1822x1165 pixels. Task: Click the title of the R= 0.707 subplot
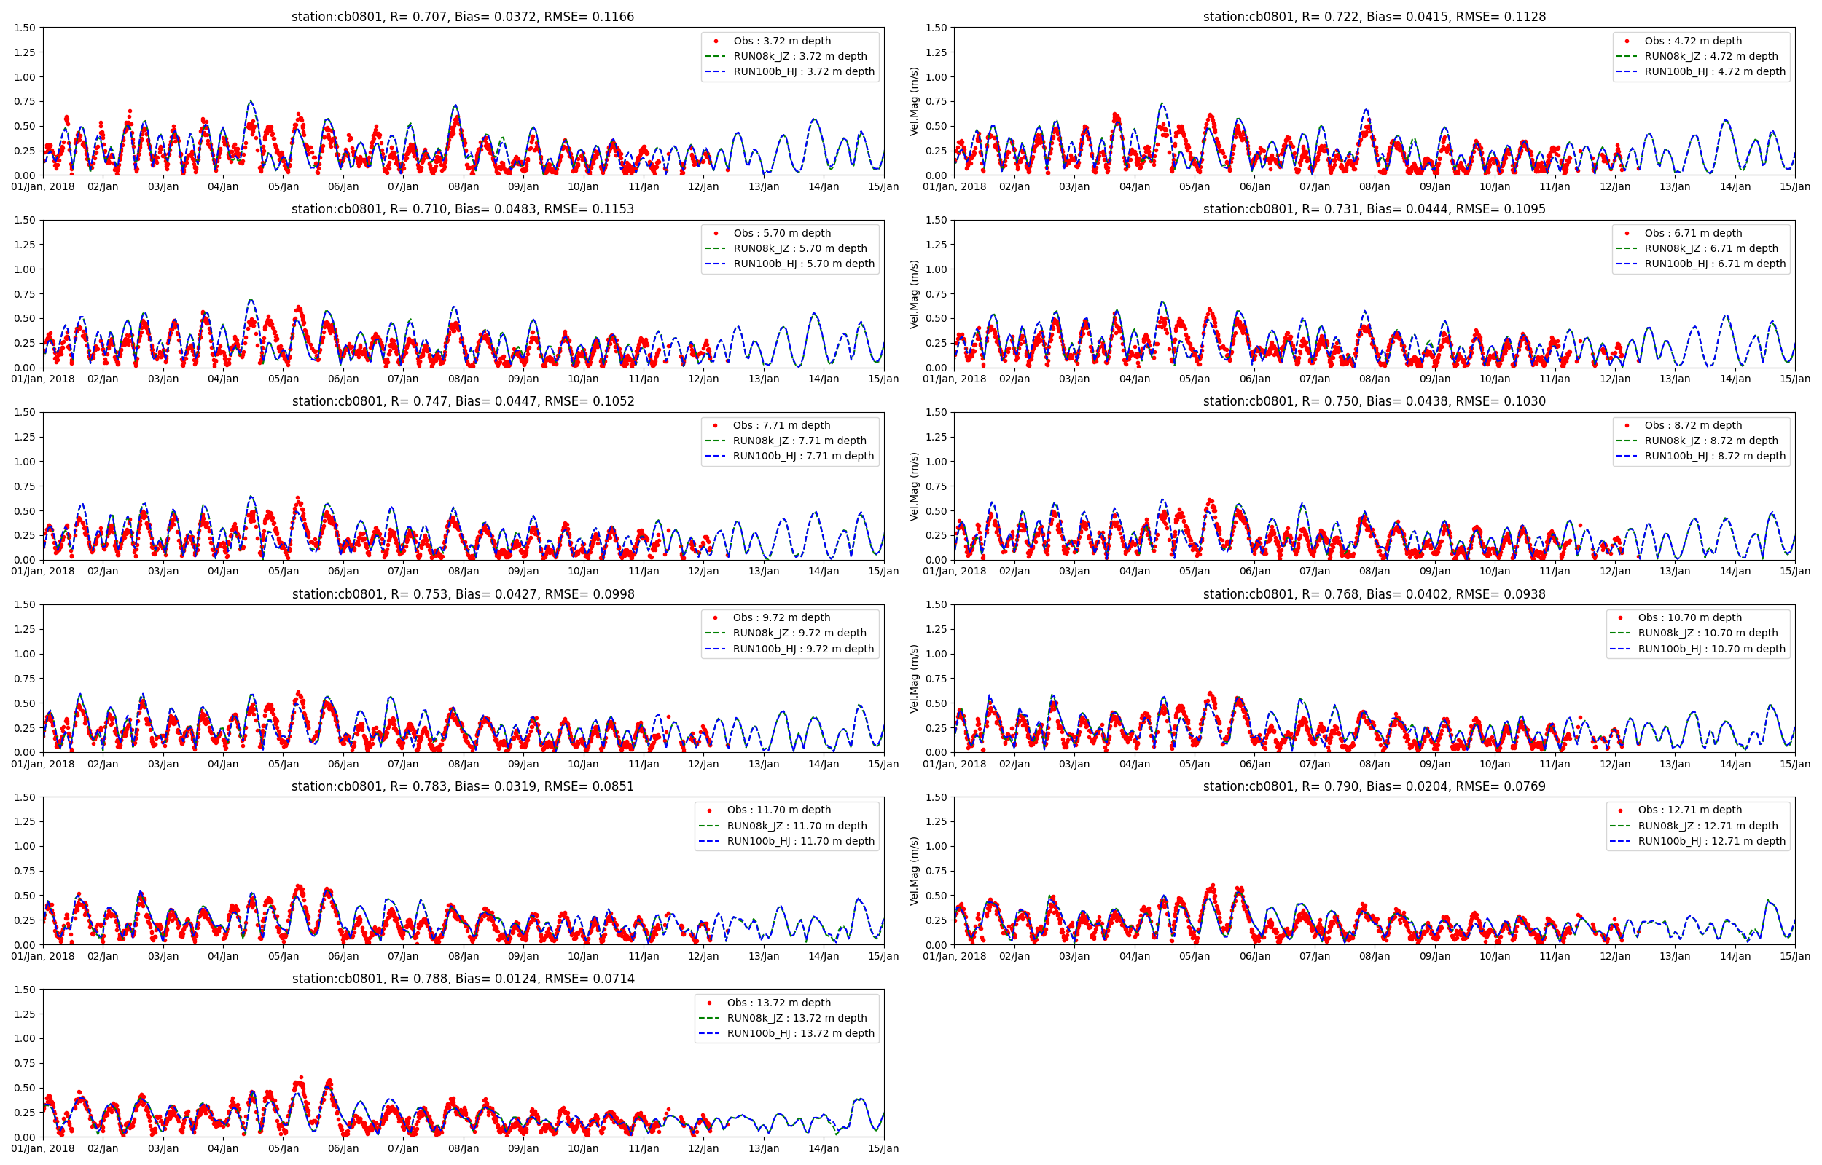[463, 17]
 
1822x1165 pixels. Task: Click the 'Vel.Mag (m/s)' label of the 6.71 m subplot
[914, 294]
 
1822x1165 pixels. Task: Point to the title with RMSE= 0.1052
[463, 402]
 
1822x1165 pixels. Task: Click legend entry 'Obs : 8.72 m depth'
[1692, 425]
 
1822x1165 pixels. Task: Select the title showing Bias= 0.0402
[1374, 595]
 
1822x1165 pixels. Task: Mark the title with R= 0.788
[463, 979]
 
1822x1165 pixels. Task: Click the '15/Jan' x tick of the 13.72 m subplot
[883, 1149]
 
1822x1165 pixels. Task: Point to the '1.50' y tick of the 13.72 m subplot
[25, 990]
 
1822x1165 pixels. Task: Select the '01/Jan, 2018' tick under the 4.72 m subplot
[955, 187]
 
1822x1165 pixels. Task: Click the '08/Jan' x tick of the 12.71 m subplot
[1375, 956]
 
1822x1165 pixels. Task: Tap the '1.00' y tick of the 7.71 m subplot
[25, 462]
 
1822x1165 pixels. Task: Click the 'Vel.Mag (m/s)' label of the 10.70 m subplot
[914, 679]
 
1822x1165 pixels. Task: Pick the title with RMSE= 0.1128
[1374, 17]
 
